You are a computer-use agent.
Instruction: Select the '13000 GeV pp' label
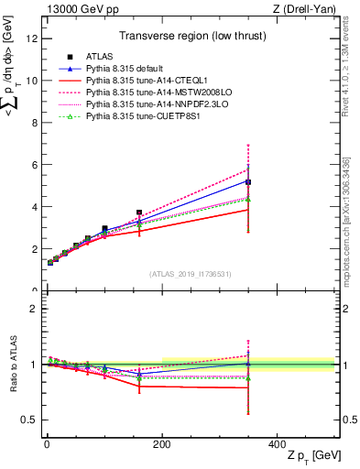coord(74,9)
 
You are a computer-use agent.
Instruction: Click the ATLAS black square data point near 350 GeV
coord(248,182)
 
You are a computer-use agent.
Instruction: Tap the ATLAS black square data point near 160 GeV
coord(139,213)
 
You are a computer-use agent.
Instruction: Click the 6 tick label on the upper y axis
coord(34,165)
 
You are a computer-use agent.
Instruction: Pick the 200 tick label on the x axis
coord(162,444)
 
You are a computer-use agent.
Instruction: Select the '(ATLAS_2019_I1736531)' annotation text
coord(191,275)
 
